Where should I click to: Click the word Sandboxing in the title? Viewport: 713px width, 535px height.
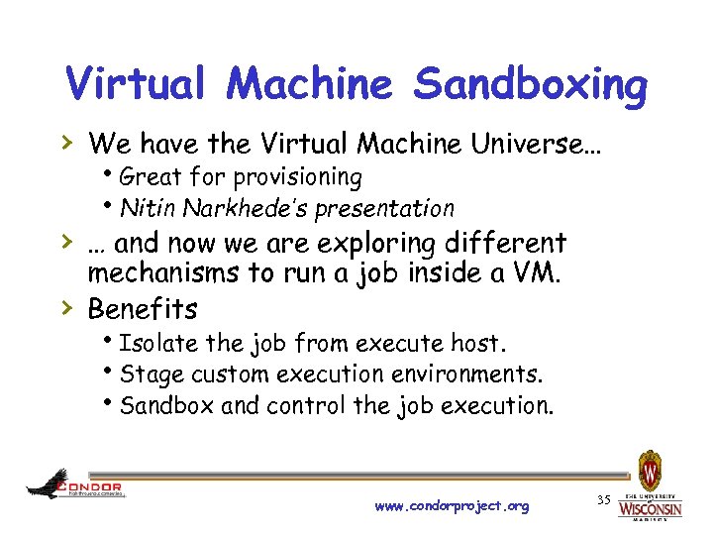point(530,85)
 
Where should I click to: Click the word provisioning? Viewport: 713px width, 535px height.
point(301,177)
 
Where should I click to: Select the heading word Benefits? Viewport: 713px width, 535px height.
point(143,309)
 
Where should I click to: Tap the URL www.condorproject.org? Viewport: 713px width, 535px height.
point(452,506)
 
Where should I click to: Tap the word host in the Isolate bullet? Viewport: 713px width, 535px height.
point(478,344)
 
